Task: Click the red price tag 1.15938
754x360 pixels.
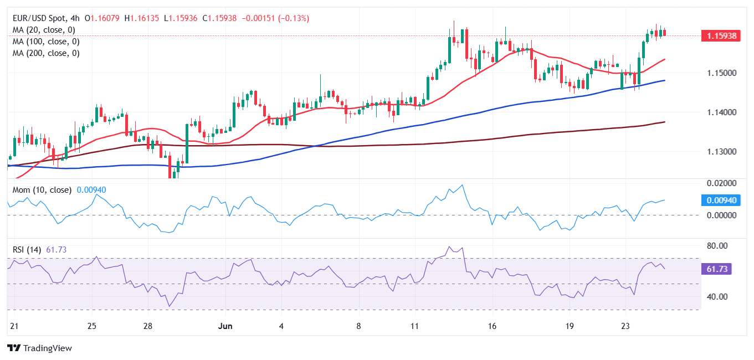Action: point(721,36)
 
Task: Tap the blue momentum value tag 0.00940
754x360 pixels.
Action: point(721,200)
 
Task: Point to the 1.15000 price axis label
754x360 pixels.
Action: point(721,73)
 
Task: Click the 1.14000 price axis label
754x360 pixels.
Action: point(721,112)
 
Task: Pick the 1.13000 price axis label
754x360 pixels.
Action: point(721,152)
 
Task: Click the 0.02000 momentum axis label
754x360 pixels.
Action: point(721,183)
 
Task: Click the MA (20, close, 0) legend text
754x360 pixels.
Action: point(44,30)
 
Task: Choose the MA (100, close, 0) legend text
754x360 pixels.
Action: point(46,42)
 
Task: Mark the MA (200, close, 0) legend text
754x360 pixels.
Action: point(46,53)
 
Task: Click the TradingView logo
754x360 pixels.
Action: point(39,348)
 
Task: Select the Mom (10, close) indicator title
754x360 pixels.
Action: point(42,190)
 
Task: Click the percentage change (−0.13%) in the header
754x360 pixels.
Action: point(289,18)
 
